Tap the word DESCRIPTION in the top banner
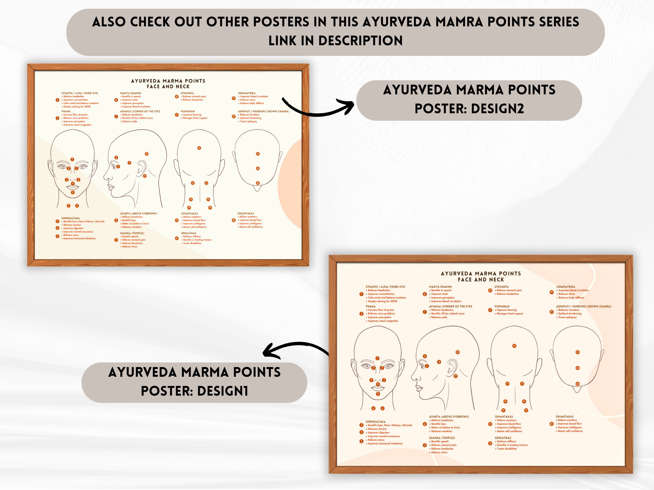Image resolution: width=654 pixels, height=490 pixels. [360, 41]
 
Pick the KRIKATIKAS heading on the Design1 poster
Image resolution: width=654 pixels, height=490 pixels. [503, 438]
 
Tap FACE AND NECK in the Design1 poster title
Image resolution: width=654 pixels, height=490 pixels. [481, 279]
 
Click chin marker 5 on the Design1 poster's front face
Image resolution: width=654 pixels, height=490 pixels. [378, 394]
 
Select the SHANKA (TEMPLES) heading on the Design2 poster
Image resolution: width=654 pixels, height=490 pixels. [132, 233]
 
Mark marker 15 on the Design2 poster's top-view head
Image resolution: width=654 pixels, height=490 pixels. [257, 154]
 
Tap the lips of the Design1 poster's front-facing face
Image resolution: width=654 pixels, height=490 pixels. [378, 386]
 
